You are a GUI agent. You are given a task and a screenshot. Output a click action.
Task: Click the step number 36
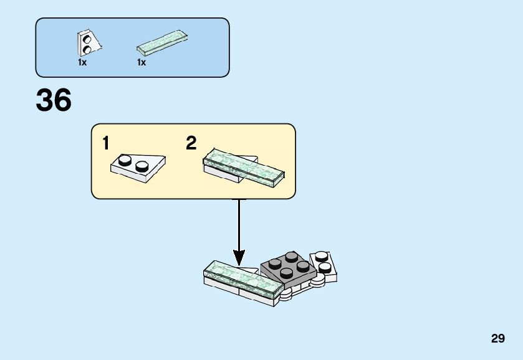54,100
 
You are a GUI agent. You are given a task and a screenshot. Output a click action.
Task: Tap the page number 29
497,339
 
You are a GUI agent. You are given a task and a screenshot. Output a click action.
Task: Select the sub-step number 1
106,144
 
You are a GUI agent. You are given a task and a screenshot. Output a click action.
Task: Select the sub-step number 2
191,144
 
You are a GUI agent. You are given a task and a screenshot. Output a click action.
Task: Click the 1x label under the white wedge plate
82,62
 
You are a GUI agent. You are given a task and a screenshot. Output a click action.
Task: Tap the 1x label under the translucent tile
142,62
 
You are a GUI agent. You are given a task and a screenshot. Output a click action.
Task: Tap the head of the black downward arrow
239,257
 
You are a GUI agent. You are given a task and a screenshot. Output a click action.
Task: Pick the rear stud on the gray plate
291,256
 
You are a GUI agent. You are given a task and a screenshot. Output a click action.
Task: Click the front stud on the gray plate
287,273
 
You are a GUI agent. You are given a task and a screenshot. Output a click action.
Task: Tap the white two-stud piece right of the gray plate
323,265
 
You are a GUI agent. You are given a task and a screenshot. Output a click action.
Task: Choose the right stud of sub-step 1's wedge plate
143,166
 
